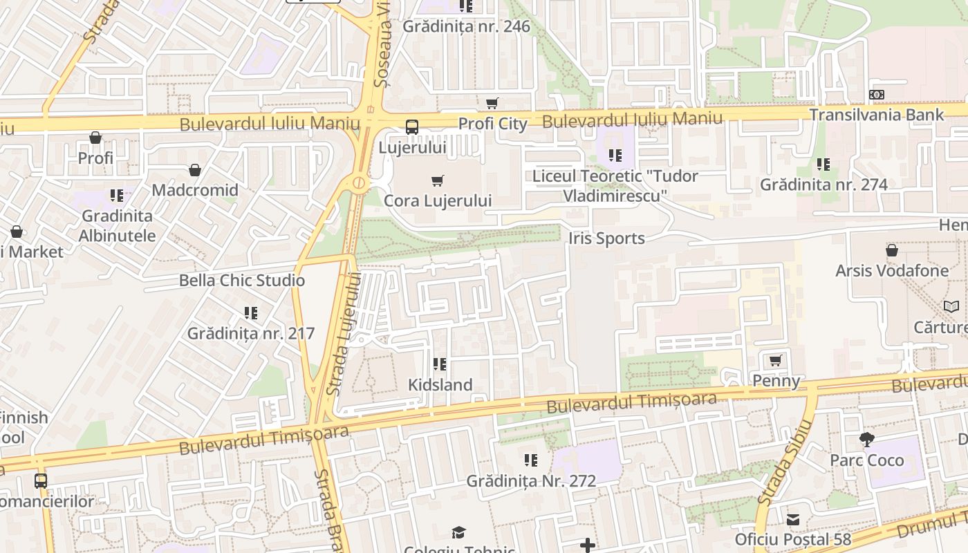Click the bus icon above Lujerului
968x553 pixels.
point(411,127)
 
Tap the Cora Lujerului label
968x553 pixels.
point(438,200)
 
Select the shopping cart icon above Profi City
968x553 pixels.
point(492,104)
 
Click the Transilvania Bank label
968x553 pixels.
point(876,115)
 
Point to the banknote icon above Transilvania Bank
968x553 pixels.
point(876,95)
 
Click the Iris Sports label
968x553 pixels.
point(606,238)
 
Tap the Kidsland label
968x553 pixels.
point(440,385)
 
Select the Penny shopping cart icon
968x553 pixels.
point(776,361)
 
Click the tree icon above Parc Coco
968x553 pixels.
point(866,440)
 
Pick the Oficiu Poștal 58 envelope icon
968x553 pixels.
point(793,519)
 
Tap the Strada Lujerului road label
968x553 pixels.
point(344,334)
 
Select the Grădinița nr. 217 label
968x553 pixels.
point(251,333)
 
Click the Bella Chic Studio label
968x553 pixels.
point(242,280)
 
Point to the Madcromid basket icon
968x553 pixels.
point(195,170)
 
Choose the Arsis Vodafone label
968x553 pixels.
point(892,270)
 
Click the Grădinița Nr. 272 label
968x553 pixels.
point(531,480)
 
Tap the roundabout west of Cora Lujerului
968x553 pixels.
point(358,183)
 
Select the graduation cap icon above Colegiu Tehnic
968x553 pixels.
point(458,532)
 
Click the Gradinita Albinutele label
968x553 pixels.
point(118,225)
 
